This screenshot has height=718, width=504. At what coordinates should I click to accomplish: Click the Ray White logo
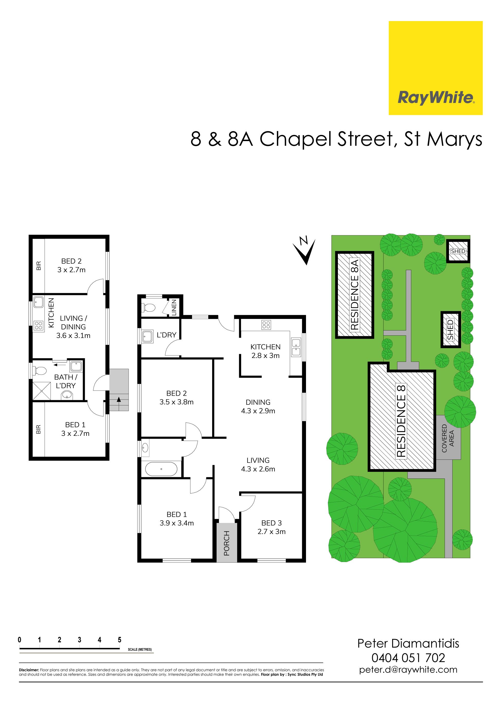(436, 68)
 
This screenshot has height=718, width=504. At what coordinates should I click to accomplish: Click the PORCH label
(227, 543)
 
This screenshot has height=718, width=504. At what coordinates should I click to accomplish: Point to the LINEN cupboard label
(174, 307)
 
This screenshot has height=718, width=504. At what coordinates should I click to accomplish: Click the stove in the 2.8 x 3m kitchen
(266, 325)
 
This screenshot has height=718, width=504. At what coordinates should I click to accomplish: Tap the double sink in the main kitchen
(296, 347)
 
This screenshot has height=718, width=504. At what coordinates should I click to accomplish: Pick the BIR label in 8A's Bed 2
(39, 266)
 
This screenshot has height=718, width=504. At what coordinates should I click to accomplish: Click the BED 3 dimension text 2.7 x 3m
(272, 532)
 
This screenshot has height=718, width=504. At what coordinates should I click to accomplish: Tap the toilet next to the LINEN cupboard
(149, 308)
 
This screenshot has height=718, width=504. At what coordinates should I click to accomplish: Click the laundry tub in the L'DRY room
(147, 336)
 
